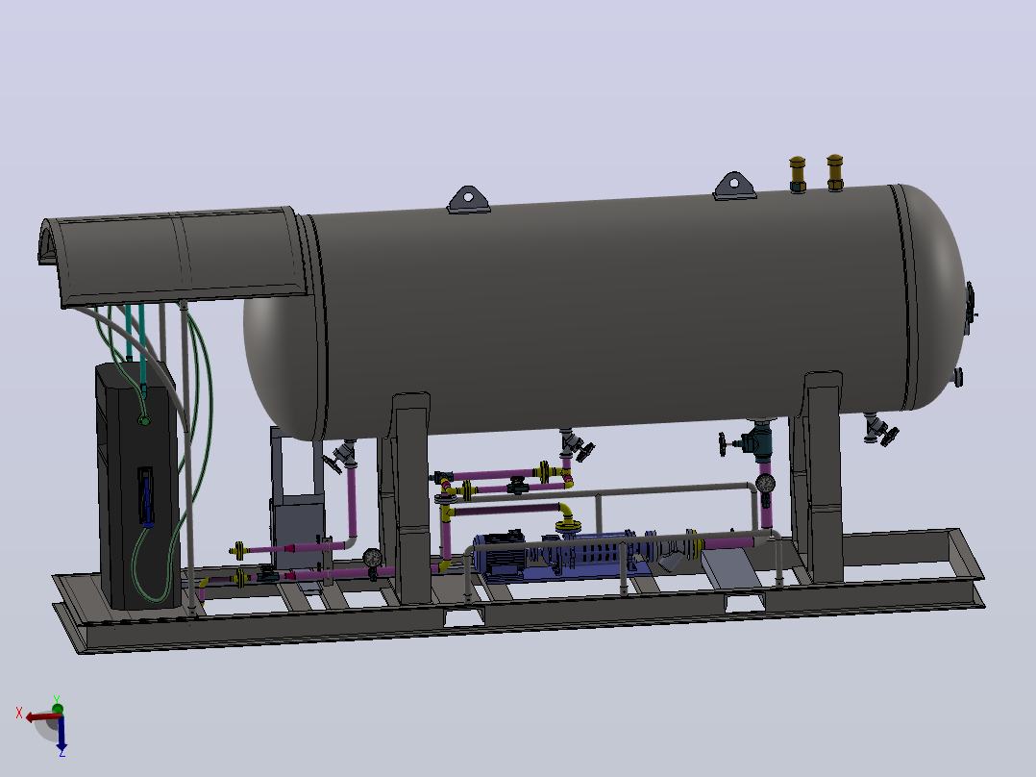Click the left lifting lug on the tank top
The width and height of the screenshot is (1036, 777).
(x=468, y=200)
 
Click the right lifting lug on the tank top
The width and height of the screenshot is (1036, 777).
(x=734, y=186)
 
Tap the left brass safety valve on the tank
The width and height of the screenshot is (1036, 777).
(x=798, y=175)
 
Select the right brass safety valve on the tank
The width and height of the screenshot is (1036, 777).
(x=834, y=172)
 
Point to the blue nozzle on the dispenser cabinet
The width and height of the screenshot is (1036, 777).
(x=146, y=497)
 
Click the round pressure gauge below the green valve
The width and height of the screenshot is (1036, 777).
(x=766, y=484)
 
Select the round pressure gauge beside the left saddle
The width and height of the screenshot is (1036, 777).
(x=373, y=558)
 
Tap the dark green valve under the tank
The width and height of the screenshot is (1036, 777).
(x=755, y=441)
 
